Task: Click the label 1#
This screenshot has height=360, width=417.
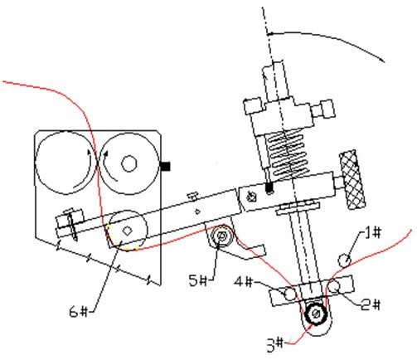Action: click(372, 232)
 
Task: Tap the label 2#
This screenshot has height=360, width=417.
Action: click(371, 304)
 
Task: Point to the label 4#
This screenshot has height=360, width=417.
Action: click(244, 282)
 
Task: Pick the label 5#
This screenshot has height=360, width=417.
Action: click(197, 281)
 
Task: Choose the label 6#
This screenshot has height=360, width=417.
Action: click(79, 312)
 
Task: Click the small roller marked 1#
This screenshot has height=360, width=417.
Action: click(345, 260)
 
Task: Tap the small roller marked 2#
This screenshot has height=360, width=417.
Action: click(334, 287)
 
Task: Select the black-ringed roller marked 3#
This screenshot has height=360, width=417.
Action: click(316, 314)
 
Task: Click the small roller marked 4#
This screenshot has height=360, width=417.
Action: click(290, 294)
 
